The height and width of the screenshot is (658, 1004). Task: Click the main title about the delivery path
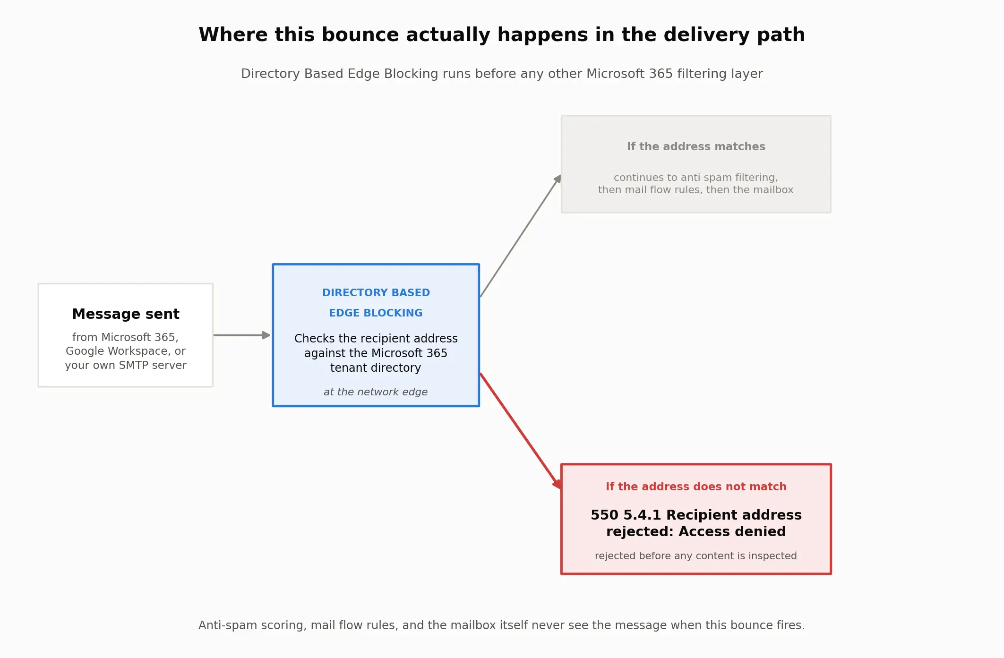point(502,35)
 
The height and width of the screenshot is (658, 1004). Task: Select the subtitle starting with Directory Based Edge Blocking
point(502,74)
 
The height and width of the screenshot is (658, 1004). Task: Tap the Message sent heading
point(126,314)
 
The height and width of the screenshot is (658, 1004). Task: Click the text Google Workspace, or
point(126,351)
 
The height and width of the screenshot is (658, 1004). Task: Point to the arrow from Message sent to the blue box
point(242,335)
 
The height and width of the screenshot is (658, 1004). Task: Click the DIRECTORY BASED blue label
point(376,293)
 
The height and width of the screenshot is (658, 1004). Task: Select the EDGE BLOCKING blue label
point(376,313)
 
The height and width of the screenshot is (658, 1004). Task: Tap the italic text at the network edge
point(376,392)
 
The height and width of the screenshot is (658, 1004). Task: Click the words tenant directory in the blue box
point(376,368)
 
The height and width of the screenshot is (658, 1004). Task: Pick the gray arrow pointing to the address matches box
point(521,236)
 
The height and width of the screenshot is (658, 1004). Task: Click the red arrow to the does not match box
point(521,431)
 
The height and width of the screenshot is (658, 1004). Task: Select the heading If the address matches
point(696,146)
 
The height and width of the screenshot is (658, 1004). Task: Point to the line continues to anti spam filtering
point(696,178)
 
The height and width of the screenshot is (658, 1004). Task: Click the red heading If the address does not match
point(696,487)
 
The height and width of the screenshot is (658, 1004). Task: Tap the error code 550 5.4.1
point(626,515)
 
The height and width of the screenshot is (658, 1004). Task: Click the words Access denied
point(732,531)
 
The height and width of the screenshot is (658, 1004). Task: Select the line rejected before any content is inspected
point(696,556)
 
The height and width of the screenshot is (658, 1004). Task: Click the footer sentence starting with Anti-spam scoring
point(502,625)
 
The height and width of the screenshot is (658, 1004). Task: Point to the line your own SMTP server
point(126,365)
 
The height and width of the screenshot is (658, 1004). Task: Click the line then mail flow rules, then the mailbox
point(696,190)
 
